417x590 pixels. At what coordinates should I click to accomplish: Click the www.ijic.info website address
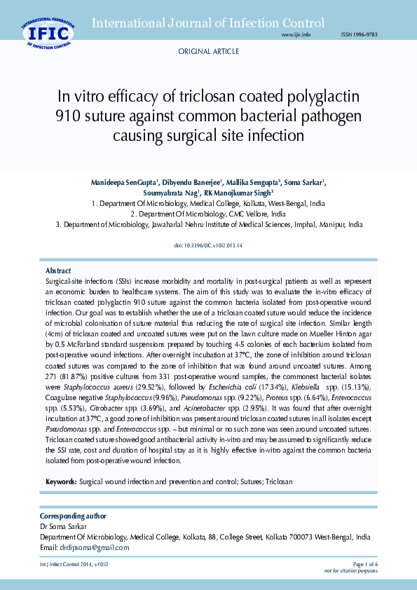pyautogui.click(x=295, y=34)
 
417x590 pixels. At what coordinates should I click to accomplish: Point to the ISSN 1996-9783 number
pyautogui.click(x=359, y=34)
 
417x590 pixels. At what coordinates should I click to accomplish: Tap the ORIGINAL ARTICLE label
pyautogui.click(x=208, y=52)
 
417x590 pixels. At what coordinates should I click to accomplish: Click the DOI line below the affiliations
pyautogui.click(x=207, y=245)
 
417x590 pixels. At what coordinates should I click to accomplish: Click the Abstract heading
pyautogui.click(x=58, y=270)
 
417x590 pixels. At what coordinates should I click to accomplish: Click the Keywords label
pyautogui.click(x=61, y=482)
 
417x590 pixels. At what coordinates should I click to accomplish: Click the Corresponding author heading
pyautogui.click(x=74, y=516)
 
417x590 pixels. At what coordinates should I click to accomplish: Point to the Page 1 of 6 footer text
pyautogui.click(x=364, y=564)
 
